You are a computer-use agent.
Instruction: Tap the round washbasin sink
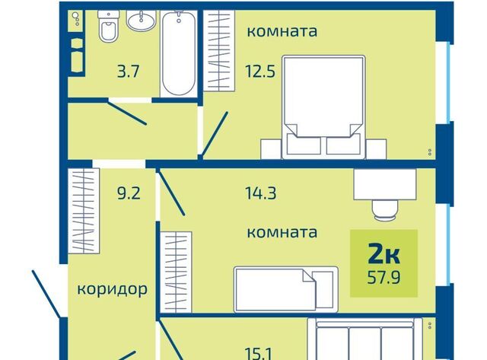point(141,21)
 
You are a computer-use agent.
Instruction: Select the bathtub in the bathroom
point(179,53)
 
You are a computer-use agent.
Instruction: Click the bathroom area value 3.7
point(128,72)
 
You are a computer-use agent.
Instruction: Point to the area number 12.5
point(260,72)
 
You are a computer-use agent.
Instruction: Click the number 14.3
point(260,193)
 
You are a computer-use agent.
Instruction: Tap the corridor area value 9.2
point(129,193)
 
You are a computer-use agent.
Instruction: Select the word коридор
point(112,289)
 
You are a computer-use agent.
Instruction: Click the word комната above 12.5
point(282,31)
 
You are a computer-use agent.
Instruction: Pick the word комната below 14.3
point(282,232)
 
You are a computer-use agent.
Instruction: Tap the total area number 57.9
point(384,277)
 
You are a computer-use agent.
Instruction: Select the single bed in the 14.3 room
point(286,289)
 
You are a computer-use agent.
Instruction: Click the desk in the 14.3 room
point(385,184)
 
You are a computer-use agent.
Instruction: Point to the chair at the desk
point(385,210)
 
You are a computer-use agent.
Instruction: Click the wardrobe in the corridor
point(84,211)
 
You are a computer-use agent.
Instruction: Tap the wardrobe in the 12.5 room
point(219,51)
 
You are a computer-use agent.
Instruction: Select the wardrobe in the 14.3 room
point(176,272)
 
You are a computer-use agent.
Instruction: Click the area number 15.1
point(259,354)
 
